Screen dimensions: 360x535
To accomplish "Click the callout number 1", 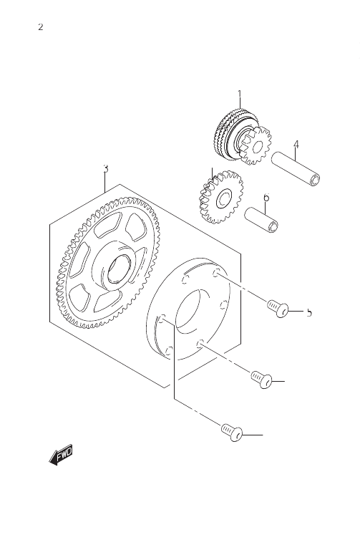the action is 239,94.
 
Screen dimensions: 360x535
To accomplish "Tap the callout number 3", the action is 106,168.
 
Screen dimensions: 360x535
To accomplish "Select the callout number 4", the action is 296,145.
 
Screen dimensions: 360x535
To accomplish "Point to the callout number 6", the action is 266,197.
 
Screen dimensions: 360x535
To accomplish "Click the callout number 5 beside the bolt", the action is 309,312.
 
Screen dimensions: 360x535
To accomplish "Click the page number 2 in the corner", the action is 41,27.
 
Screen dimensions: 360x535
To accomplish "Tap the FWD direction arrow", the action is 61,455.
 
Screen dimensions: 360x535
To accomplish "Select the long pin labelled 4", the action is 295,170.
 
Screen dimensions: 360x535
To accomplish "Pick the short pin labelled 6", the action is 261,220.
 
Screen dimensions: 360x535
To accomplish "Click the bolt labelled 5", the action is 278,308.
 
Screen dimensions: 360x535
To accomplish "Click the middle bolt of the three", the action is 261,380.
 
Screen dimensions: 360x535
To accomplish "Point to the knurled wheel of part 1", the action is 227,133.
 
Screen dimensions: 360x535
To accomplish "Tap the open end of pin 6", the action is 274,226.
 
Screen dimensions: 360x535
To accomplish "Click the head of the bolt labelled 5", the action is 283,311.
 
